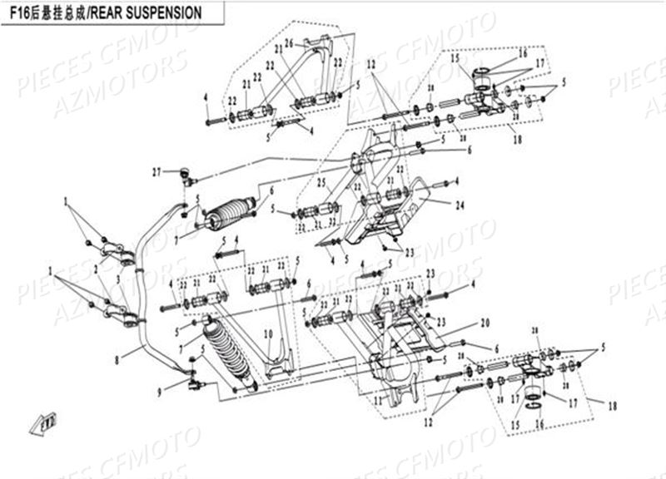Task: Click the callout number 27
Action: tap(156, 172)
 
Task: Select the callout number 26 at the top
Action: tap(288, 43)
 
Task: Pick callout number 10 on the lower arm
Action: tap(268, 334)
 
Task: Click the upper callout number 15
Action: tap(455, 59)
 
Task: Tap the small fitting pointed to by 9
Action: tap(196, 383)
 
